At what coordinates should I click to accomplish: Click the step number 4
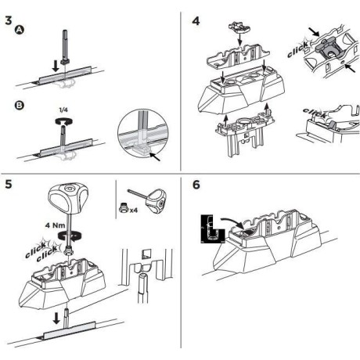tap(196, 16)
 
